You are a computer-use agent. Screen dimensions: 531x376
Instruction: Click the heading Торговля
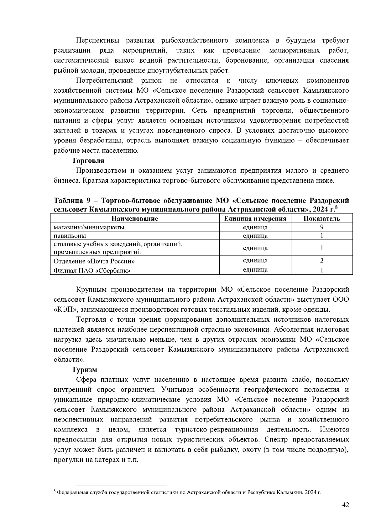(88, 161)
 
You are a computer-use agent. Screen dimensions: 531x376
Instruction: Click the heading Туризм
(84, 370)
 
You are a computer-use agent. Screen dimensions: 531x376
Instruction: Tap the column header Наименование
(135, 219)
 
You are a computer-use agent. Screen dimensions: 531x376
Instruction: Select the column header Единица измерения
(255, 219)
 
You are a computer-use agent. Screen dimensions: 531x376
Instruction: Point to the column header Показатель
(321, 219)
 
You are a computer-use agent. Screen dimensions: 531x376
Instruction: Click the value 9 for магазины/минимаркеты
(321, 227)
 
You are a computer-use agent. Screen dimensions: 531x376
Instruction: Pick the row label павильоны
(70, 236)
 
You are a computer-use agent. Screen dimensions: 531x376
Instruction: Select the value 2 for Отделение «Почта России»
(321, 260)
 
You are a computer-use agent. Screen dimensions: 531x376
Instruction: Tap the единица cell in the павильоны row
(255, 236)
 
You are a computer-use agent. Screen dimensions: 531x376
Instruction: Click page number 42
(345, 505)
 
